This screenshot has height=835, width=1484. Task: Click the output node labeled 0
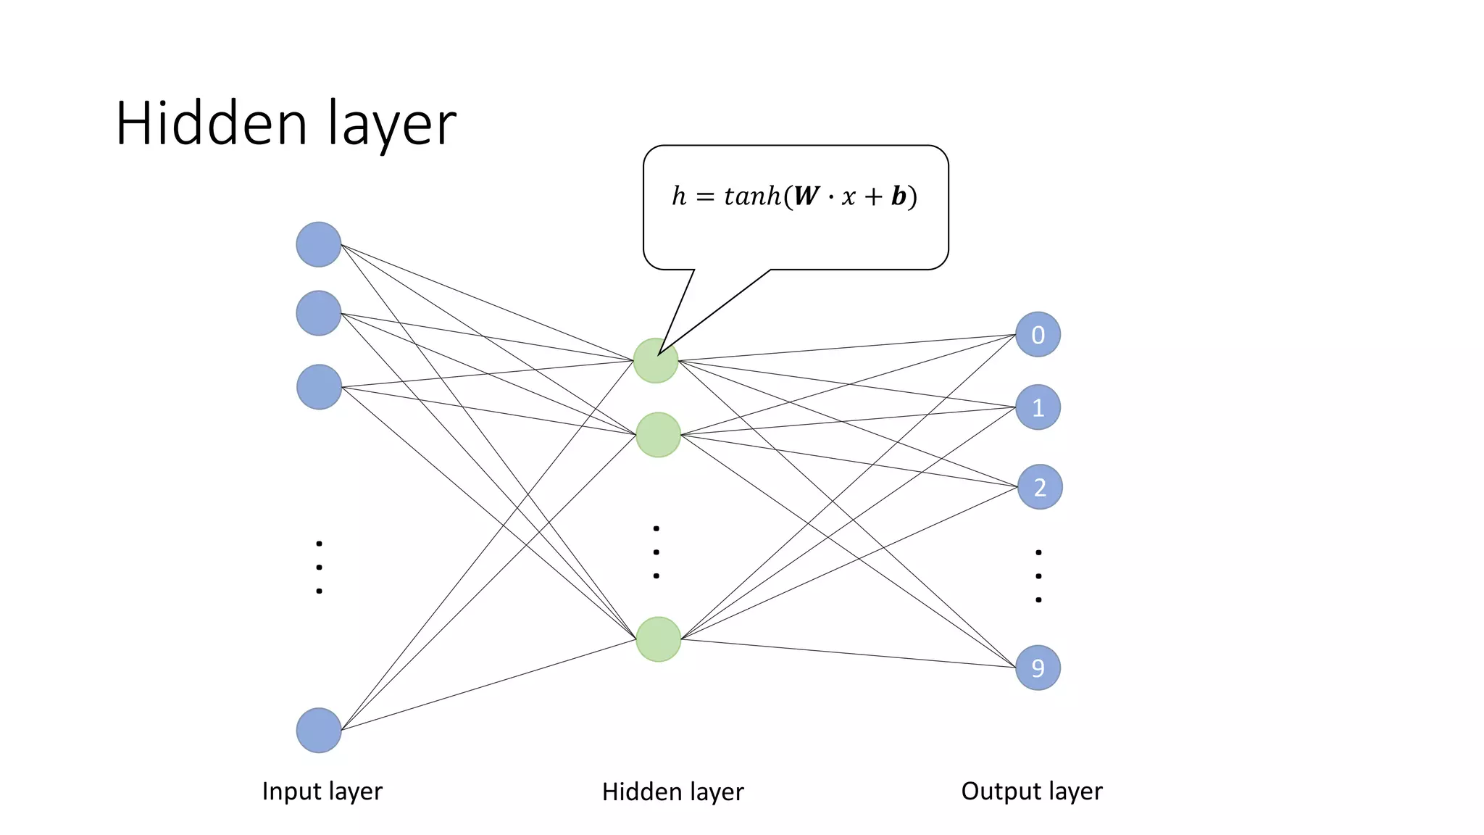click(1038, 334)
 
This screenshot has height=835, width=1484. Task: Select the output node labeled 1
click(1038, 407)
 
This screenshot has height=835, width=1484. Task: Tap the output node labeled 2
click(1039, 487)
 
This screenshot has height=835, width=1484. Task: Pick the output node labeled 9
click(1038, 668)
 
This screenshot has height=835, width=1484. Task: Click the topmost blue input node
click(319, 244)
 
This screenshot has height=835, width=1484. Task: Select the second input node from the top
click(319, 313)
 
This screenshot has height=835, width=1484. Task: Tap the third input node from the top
click(319, 387)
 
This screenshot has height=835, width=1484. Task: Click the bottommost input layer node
click(319, 730)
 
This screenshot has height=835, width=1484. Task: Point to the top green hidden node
click(656, 360)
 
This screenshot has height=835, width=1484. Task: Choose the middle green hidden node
click(658, 435)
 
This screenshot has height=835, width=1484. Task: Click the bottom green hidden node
click(658, 639)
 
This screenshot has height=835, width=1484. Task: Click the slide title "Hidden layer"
click(285, 124)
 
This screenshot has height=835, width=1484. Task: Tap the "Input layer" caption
click(322, 791)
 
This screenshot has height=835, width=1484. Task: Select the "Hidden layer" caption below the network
click(672, 792)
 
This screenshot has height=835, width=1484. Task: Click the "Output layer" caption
click(1031, 791)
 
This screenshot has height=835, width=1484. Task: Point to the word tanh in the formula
click(752, 196)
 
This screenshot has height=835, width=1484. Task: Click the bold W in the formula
click(806, 196)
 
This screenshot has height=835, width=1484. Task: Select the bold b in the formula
click(899, 196)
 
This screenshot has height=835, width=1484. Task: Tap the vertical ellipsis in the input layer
click(319, 567)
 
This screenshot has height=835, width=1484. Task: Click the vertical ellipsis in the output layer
click(1038, 576)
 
